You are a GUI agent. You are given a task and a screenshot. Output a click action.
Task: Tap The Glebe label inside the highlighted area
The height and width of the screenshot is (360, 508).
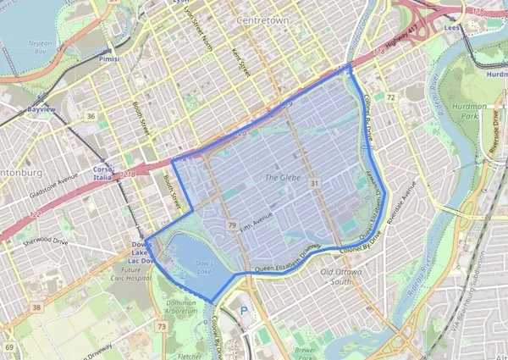(283, 178)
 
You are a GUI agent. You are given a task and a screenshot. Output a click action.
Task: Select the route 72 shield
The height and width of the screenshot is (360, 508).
(391, 98)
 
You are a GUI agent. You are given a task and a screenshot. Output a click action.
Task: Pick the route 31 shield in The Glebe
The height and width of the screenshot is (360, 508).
(314, 183)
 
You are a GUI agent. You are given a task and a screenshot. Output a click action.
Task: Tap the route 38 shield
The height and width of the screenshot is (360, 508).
(36, 307)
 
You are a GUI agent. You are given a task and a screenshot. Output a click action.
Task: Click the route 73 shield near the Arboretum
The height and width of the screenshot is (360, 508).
(161, 326)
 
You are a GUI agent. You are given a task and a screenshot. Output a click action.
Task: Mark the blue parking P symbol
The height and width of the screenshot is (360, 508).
(245, 310)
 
